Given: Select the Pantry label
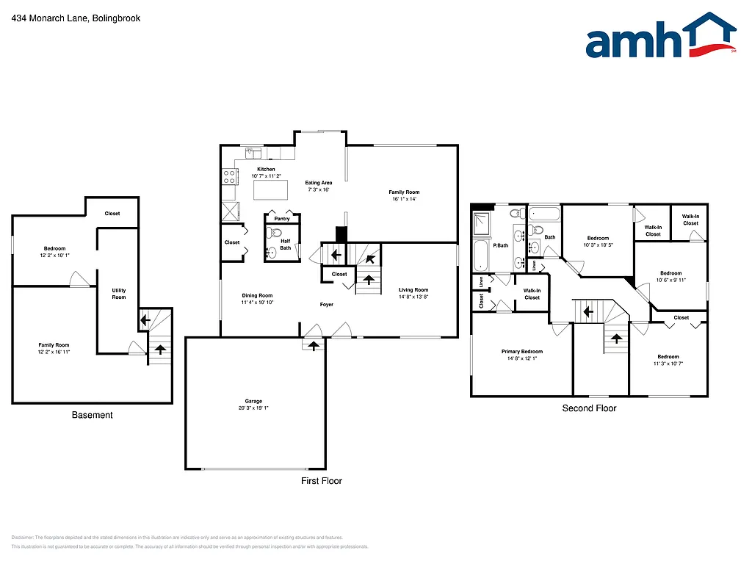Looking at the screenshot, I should coord(282,219).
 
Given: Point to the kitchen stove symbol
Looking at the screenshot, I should coord(228,176).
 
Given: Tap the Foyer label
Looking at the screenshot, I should coord(326,304).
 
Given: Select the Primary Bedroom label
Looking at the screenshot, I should coord(522,352).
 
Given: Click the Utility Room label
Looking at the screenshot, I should coord(119,294).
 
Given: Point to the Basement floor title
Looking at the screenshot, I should coord(93,415).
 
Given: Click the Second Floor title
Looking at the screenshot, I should coord(589,408).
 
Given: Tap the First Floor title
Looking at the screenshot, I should coord(322,481).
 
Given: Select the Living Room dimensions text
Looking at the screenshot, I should coord(413,297).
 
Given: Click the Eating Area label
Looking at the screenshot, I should coord(319,183).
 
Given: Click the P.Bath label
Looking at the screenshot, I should coord(501,245).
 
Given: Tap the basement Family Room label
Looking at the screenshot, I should coord(54,345).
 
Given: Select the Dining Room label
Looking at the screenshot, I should coord(257,296).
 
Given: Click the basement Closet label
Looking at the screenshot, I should coord(112,214).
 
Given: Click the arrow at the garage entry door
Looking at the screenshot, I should coord(314,344).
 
